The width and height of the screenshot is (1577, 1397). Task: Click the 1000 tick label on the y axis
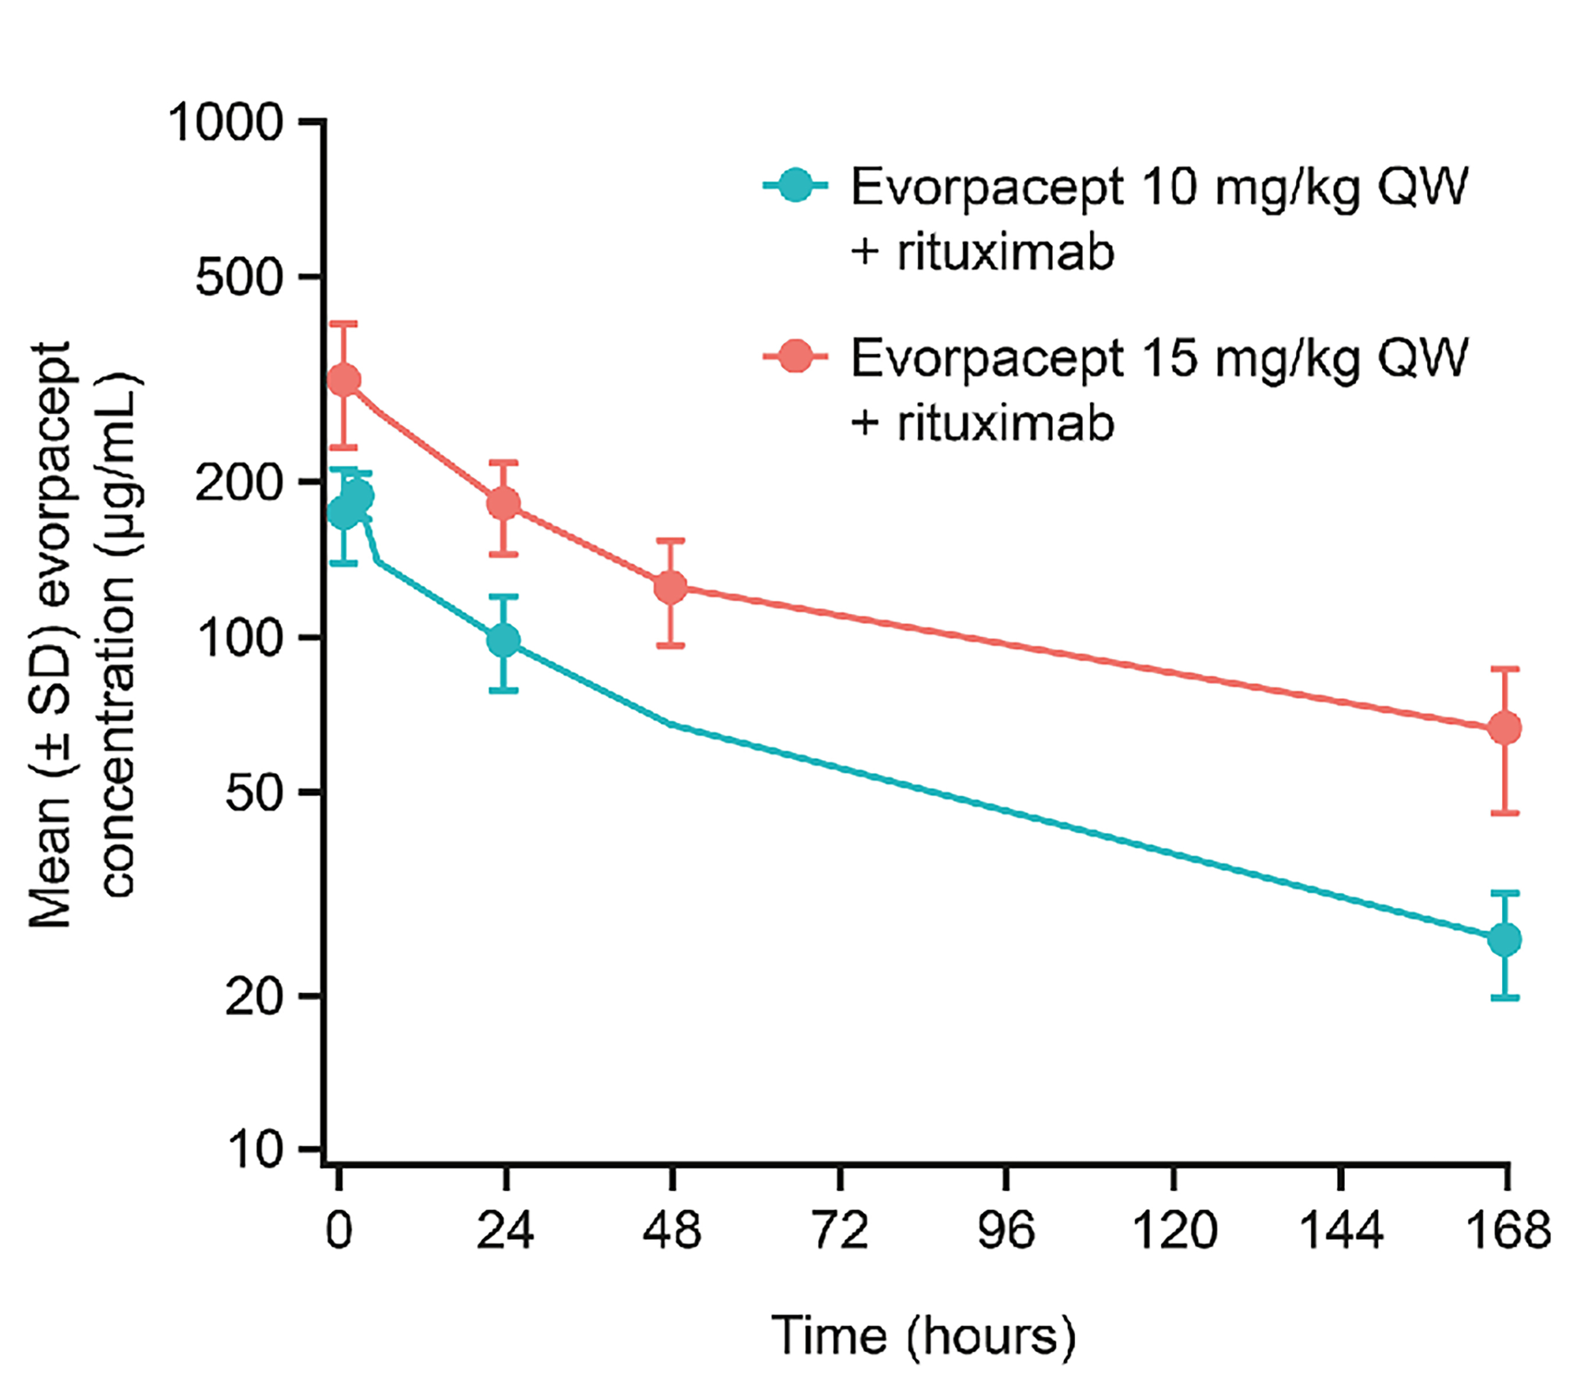[x=225, y=123]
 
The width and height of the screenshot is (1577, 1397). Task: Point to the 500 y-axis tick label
[x=240, y=277]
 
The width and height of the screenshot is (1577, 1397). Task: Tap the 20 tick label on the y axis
[x=254, y=997]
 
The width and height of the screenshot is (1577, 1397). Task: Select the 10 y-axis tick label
[x=254, y=1150]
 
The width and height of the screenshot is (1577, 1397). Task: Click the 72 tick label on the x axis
[x=840, y=1230]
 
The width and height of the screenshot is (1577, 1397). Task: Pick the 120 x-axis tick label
[x=1174, y=1230]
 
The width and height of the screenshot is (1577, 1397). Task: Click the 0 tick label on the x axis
[x=339, y=1230]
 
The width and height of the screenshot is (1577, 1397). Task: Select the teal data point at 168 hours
[x=1504, y=939]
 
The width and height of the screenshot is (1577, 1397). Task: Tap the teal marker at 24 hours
[x=504, y=640]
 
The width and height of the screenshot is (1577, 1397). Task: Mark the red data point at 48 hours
[x=671, y=588]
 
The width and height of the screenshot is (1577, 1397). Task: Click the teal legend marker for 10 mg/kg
[x=795, y=186]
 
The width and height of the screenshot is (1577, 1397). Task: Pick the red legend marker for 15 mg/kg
[x=795, y=357]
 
